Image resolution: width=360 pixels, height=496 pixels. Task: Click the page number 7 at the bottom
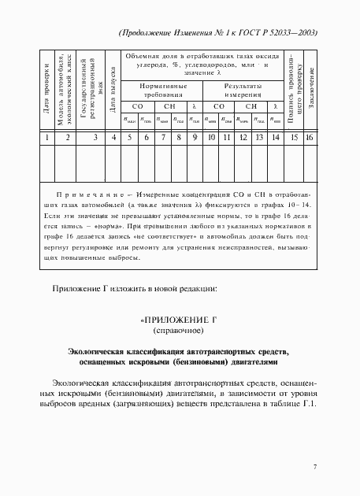(x=314, y=467)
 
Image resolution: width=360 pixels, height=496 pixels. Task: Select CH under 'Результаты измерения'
(x=251, y=105)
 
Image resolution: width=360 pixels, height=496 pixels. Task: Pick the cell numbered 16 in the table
(x=310, y=138)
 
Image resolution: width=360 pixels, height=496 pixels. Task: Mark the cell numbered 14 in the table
(x=274, y=138)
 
